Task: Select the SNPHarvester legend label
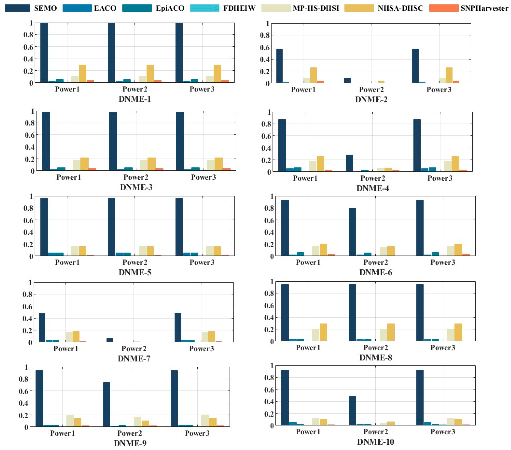484,8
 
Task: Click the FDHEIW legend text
239,8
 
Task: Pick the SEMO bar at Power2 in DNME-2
347,80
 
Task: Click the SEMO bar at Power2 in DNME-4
349,163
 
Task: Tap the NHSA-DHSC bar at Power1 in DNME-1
82,74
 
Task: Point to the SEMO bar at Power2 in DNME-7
110,340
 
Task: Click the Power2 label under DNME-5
135,263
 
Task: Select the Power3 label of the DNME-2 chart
439,90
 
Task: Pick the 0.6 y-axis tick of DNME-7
27,306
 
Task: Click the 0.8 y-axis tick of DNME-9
23,379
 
